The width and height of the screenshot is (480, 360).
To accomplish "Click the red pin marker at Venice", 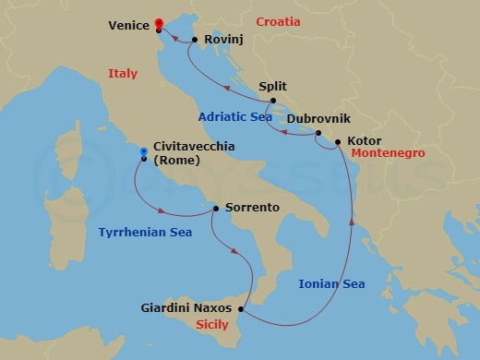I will (159, 23).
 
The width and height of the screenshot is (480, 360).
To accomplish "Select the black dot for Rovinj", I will (195, 39).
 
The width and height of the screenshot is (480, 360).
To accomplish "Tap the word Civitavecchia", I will (194, 146).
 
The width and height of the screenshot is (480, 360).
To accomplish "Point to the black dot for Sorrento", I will (216, 208).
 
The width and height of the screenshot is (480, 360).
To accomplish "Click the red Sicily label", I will (219, 324).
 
